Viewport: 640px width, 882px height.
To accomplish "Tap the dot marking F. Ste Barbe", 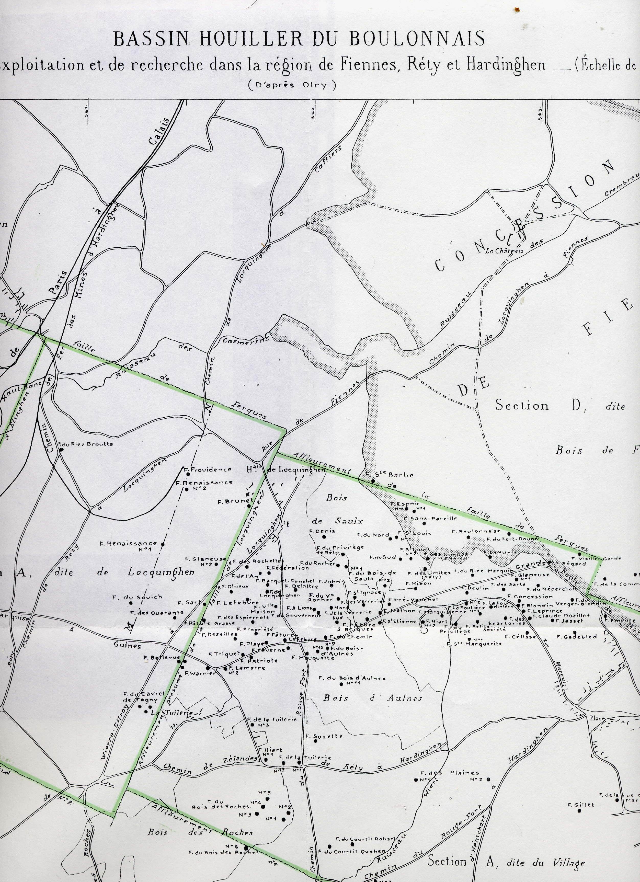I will tap(372, 481).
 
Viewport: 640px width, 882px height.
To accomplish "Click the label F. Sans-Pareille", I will tap(430, 518).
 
